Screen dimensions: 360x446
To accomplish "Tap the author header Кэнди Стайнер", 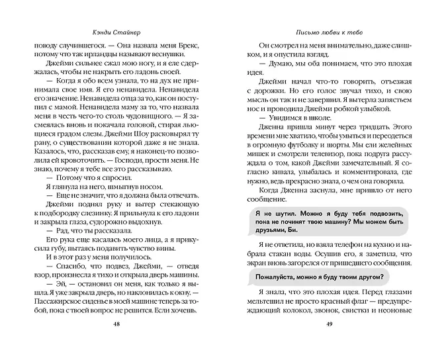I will coord(116,31).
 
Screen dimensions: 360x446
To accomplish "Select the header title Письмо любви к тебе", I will coord(328,31).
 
